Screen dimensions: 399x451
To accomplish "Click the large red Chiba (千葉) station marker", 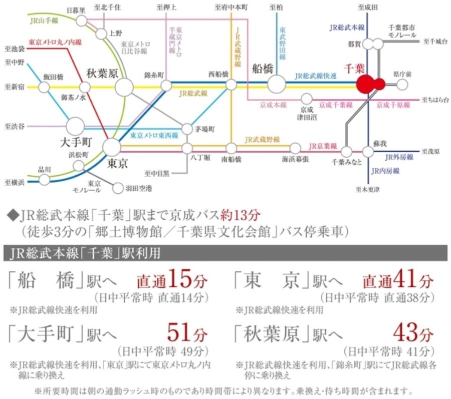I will pyautogui.click(x=366, y=84).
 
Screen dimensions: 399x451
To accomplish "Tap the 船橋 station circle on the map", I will pyautogui.click(x=276, y=84).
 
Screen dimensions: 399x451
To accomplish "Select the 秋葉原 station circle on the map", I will pyautogui.click(x=124, y=88).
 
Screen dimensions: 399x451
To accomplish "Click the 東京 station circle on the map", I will pyautogui.click(x=111, y=147).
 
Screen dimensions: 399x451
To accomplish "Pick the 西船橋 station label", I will pyautogui.click(x=218, y=74).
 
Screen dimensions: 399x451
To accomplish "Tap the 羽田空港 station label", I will pyautogui.click(x=139, y=188).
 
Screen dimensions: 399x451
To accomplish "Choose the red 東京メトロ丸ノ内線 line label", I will pyautogui.click(x=55, y=42).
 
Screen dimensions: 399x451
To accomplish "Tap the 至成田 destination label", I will pyautogui.click(x=368, y=8).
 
